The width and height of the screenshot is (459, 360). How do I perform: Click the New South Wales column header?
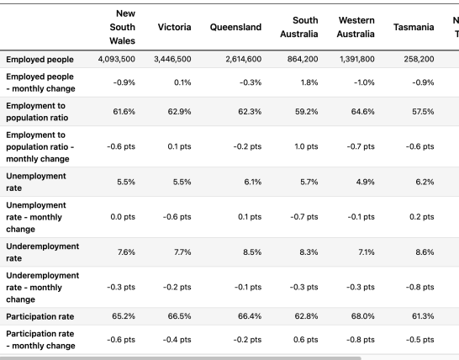coord(123,27)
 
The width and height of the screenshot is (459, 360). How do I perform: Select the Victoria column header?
coord(175,27)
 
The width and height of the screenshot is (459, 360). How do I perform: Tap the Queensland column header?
coord(235,27)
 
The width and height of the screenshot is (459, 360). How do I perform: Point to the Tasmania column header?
coord(414,27)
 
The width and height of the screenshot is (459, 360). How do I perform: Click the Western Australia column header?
coord(356,27)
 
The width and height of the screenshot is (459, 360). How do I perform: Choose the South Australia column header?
coord(299,27)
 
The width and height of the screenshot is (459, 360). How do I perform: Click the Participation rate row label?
coord(40,316)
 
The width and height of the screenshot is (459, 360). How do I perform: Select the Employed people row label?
coord(40,59)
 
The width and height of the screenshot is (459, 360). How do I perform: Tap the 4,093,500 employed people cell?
coord(117,59)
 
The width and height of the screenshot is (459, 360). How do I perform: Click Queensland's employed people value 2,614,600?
coord(244,59)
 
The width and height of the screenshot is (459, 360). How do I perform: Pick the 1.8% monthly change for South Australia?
coord(309,82)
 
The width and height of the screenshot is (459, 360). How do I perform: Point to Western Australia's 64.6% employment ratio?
coord(362,112)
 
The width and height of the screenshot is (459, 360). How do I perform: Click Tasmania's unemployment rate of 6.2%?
coord(425,182)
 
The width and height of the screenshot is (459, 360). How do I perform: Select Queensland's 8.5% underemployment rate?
coord(252,251)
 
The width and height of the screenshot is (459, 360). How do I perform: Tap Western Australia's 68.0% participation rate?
coord(363,316)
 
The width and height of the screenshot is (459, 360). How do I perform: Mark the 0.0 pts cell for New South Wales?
coord(123,217)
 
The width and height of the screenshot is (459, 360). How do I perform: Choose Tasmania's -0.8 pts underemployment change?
coord(419,287)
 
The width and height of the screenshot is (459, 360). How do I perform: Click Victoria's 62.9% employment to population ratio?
coord(179,112)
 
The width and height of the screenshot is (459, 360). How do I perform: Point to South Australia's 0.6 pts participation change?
coord(306,340)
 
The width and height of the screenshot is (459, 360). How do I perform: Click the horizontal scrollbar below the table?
coord(180,358)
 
